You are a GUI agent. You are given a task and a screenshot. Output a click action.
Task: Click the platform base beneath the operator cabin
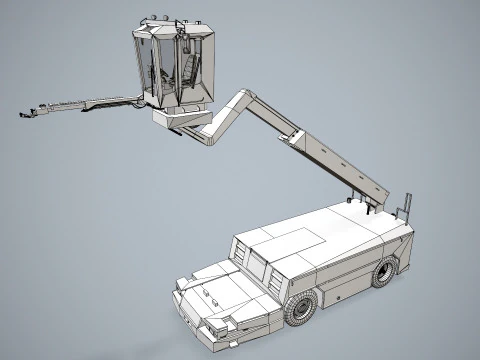tap(180, 119)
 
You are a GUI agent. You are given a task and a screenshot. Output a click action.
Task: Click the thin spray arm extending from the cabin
tap(85, 103)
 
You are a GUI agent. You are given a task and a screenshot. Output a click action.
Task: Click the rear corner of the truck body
tap(411, 240)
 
